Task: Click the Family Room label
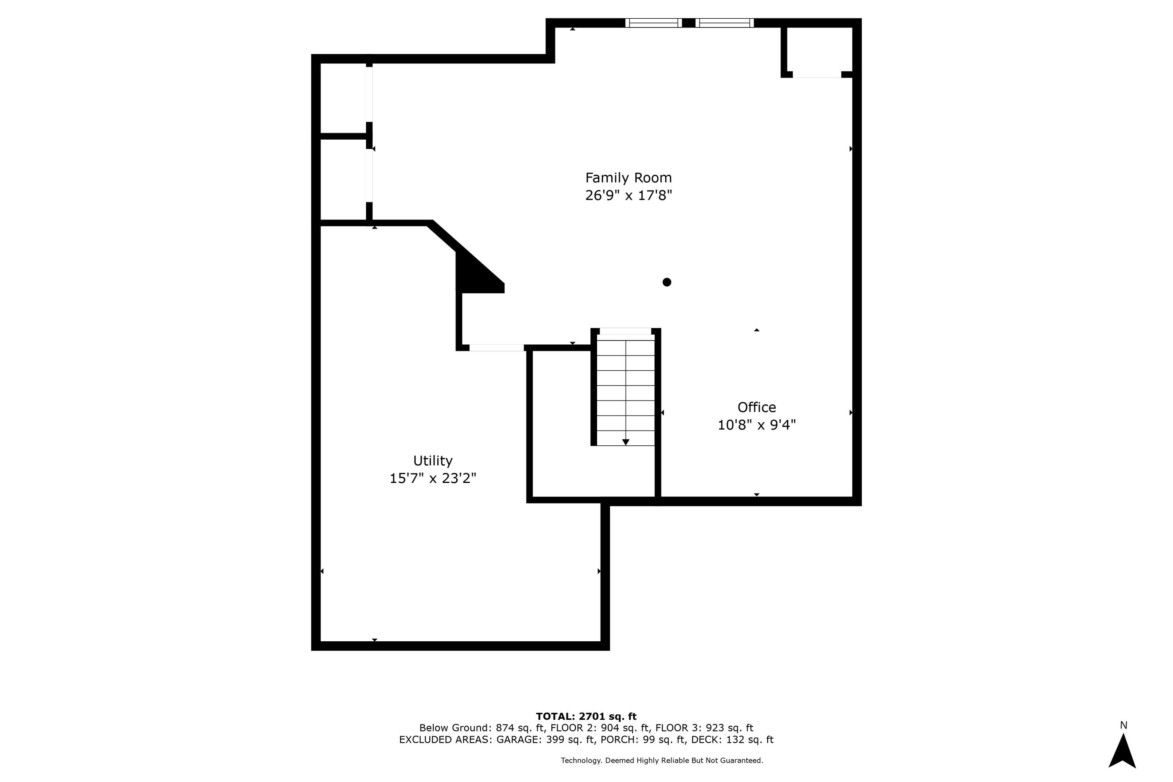(628, 178)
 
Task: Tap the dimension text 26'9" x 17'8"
(628, 195)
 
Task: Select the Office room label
(756, 407)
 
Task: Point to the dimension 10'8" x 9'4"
(756, 425)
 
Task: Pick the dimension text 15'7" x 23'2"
(432, 478)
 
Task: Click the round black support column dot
(666, 282)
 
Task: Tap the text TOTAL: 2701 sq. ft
(586, 717)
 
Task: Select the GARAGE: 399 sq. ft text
(545, 740)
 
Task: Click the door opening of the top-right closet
(816, 75)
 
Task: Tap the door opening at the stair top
(625, 331)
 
